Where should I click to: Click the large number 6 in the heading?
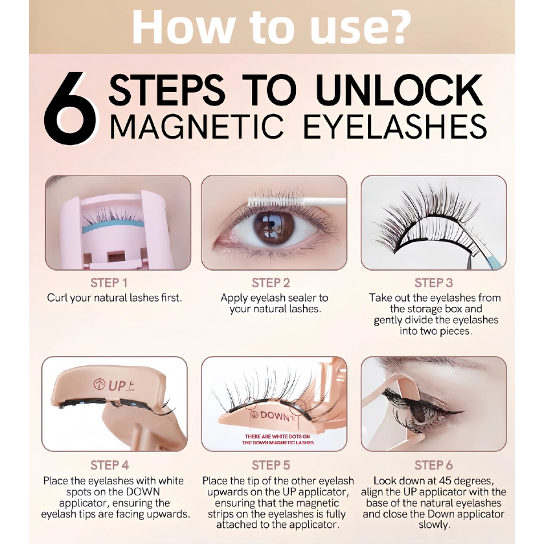coord(69,108)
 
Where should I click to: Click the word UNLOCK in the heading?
coord(400,90)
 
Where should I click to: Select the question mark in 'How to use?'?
coord(392,27)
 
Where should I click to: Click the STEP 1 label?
coord(109,283)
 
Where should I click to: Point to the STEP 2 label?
coord(271,283)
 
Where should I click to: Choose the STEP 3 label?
coord(434,283)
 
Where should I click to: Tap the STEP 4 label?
coord(109,465)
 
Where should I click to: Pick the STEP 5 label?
coord(271,465)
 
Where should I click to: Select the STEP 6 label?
coord(434,465)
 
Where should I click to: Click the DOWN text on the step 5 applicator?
coord(275,416)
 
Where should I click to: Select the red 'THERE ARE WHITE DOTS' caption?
coord(278,440)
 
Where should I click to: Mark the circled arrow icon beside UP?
coord(100,384)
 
